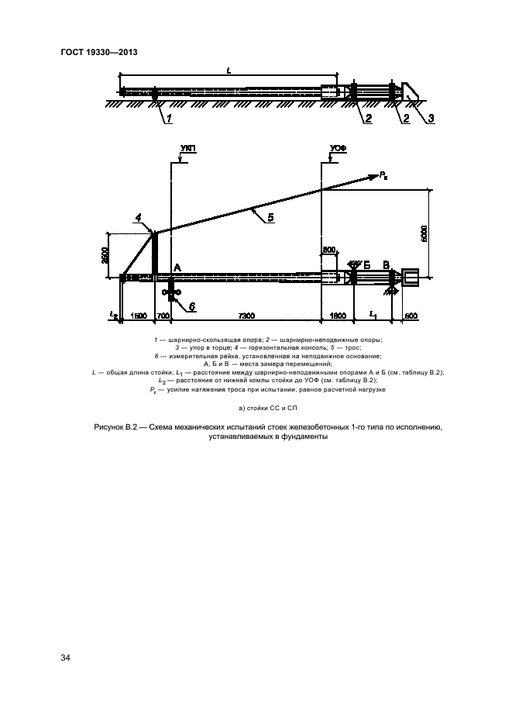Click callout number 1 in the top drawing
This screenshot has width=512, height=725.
168,118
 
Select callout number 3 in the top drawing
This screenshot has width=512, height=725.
431,118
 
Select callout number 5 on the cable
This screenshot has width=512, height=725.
270,217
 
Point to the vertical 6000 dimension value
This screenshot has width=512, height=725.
436,231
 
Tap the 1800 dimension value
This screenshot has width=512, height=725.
339,317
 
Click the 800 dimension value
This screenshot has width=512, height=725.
330,250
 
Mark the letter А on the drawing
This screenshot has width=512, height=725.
177,267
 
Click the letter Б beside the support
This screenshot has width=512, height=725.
366,264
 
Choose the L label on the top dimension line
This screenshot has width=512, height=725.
229,70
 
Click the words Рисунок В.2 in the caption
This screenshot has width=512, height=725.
113,427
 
